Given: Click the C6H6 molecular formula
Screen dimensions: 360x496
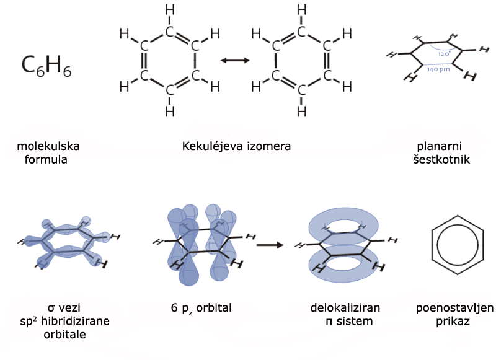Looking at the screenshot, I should point(46,64).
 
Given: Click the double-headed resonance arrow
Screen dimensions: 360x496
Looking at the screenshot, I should point(235,60).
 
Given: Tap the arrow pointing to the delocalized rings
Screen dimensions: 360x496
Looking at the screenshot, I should point(270,244).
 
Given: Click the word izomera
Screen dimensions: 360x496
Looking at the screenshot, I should point(266,147).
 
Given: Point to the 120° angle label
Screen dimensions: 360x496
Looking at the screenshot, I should point(443,54).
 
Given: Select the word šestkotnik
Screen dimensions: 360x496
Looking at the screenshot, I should point(441,159).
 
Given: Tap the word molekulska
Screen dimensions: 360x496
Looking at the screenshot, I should point(48,147).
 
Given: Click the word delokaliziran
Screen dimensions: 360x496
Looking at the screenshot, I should point(345,308).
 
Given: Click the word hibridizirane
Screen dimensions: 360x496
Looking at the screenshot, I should point(76,322).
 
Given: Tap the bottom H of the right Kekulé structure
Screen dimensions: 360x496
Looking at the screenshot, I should point(301,111).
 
